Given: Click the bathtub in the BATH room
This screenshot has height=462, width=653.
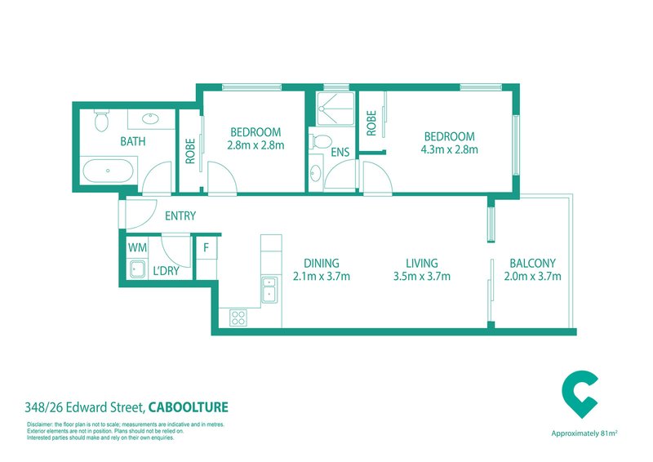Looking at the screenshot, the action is click(108, 171).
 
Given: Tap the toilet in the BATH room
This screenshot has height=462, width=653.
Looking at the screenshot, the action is click(101, 120).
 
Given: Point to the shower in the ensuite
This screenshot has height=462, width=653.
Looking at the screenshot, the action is click(335, 109).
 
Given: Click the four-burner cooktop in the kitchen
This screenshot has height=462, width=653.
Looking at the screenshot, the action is click(238, 318).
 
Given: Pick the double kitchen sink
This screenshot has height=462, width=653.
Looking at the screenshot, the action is click(269, 289).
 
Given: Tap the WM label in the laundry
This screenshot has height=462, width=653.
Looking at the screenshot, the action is click(137, 248).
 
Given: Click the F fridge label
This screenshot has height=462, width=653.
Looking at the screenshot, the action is click(206, 248).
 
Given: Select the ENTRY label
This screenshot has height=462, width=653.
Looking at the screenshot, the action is click(180, 215).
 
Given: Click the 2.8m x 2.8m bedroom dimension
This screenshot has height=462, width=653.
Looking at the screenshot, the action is click(255, 145).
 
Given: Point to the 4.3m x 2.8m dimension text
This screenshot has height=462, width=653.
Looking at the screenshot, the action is click(450, 149).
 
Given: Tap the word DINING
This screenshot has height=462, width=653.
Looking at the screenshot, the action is click(322, 264).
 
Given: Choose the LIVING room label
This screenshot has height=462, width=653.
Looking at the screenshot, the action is click(422, 264).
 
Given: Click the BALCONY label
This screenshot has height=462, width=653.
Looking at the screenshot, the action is click(533, 264).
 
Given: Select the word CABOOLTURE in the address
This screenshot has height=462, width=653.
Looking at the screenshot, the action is click(189, 407).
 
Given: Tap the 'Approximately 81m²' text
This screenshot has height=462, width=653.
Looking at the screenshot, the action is click(584, 433).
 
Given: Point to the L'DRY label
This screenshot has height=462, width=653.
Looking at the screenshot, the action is click(167, 271).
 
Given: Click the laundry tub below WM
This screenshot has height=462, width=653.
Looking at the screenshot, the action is click(136, 269).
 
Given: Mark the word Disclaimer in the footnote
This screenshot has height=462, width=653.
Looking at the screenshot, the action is click(38, 425).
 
